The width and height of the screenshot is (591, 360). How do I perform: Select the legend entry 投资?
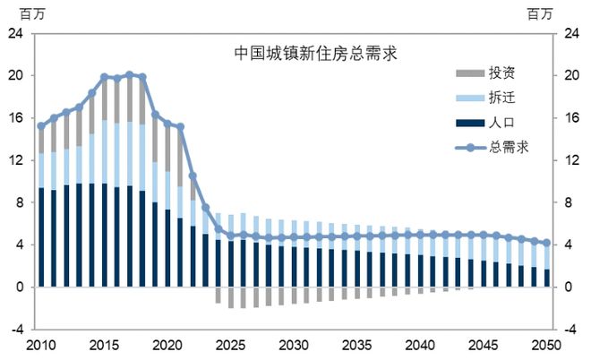[501, 73]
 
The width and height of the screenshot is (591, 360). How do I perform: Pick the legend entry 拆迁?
[501, 97]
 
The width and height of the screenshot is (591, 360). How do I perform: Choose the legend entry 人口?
[501, 121]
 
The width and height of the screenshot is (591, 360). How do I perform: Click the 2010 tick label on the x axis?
[40, 345]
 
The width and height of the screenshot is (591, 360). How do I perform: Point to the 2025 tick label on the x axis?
[230, 345]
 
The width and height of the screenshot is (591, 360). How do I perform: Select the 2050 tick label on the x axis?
[546, 345]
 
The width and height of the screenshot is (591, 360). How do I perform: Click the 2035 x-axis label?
[356, 345]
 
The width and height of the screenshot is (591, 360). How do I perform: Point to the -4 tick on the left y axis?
[16, 330]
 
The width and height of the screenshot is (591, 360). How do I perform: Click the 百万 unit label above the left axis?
[21, 13]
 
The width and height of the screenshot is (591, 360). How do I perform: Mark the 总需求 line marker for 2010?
[40, 126]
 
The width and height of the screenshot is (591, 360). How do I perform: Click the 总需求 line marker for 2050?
[546, 243]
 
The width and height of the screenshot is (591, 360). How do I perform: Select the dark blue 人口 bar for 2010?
[40, 237]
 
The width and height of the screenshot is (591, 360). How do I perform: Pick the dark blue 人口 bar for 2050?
[546, 278]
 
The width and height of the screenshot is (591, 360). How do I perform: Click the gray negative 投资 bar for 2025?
[230, 297]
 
